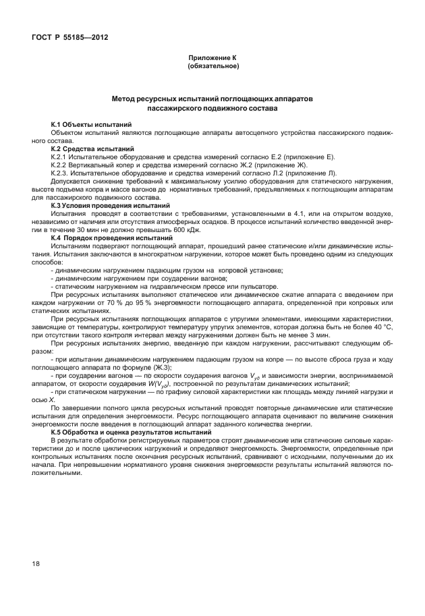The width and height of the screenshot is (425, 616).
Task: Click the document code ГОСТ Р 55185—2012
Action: (69, 38)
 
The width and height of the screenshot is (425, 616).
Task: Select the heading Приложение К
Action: (213, 59)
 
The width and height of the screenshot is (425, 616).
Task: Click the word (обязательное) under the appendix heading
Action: (213, 67)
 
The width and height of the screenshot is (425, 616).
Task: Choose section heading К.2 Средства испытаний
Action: (90, 148)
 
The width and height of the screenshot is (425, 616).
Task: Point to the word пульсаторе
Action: (240, 286)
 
